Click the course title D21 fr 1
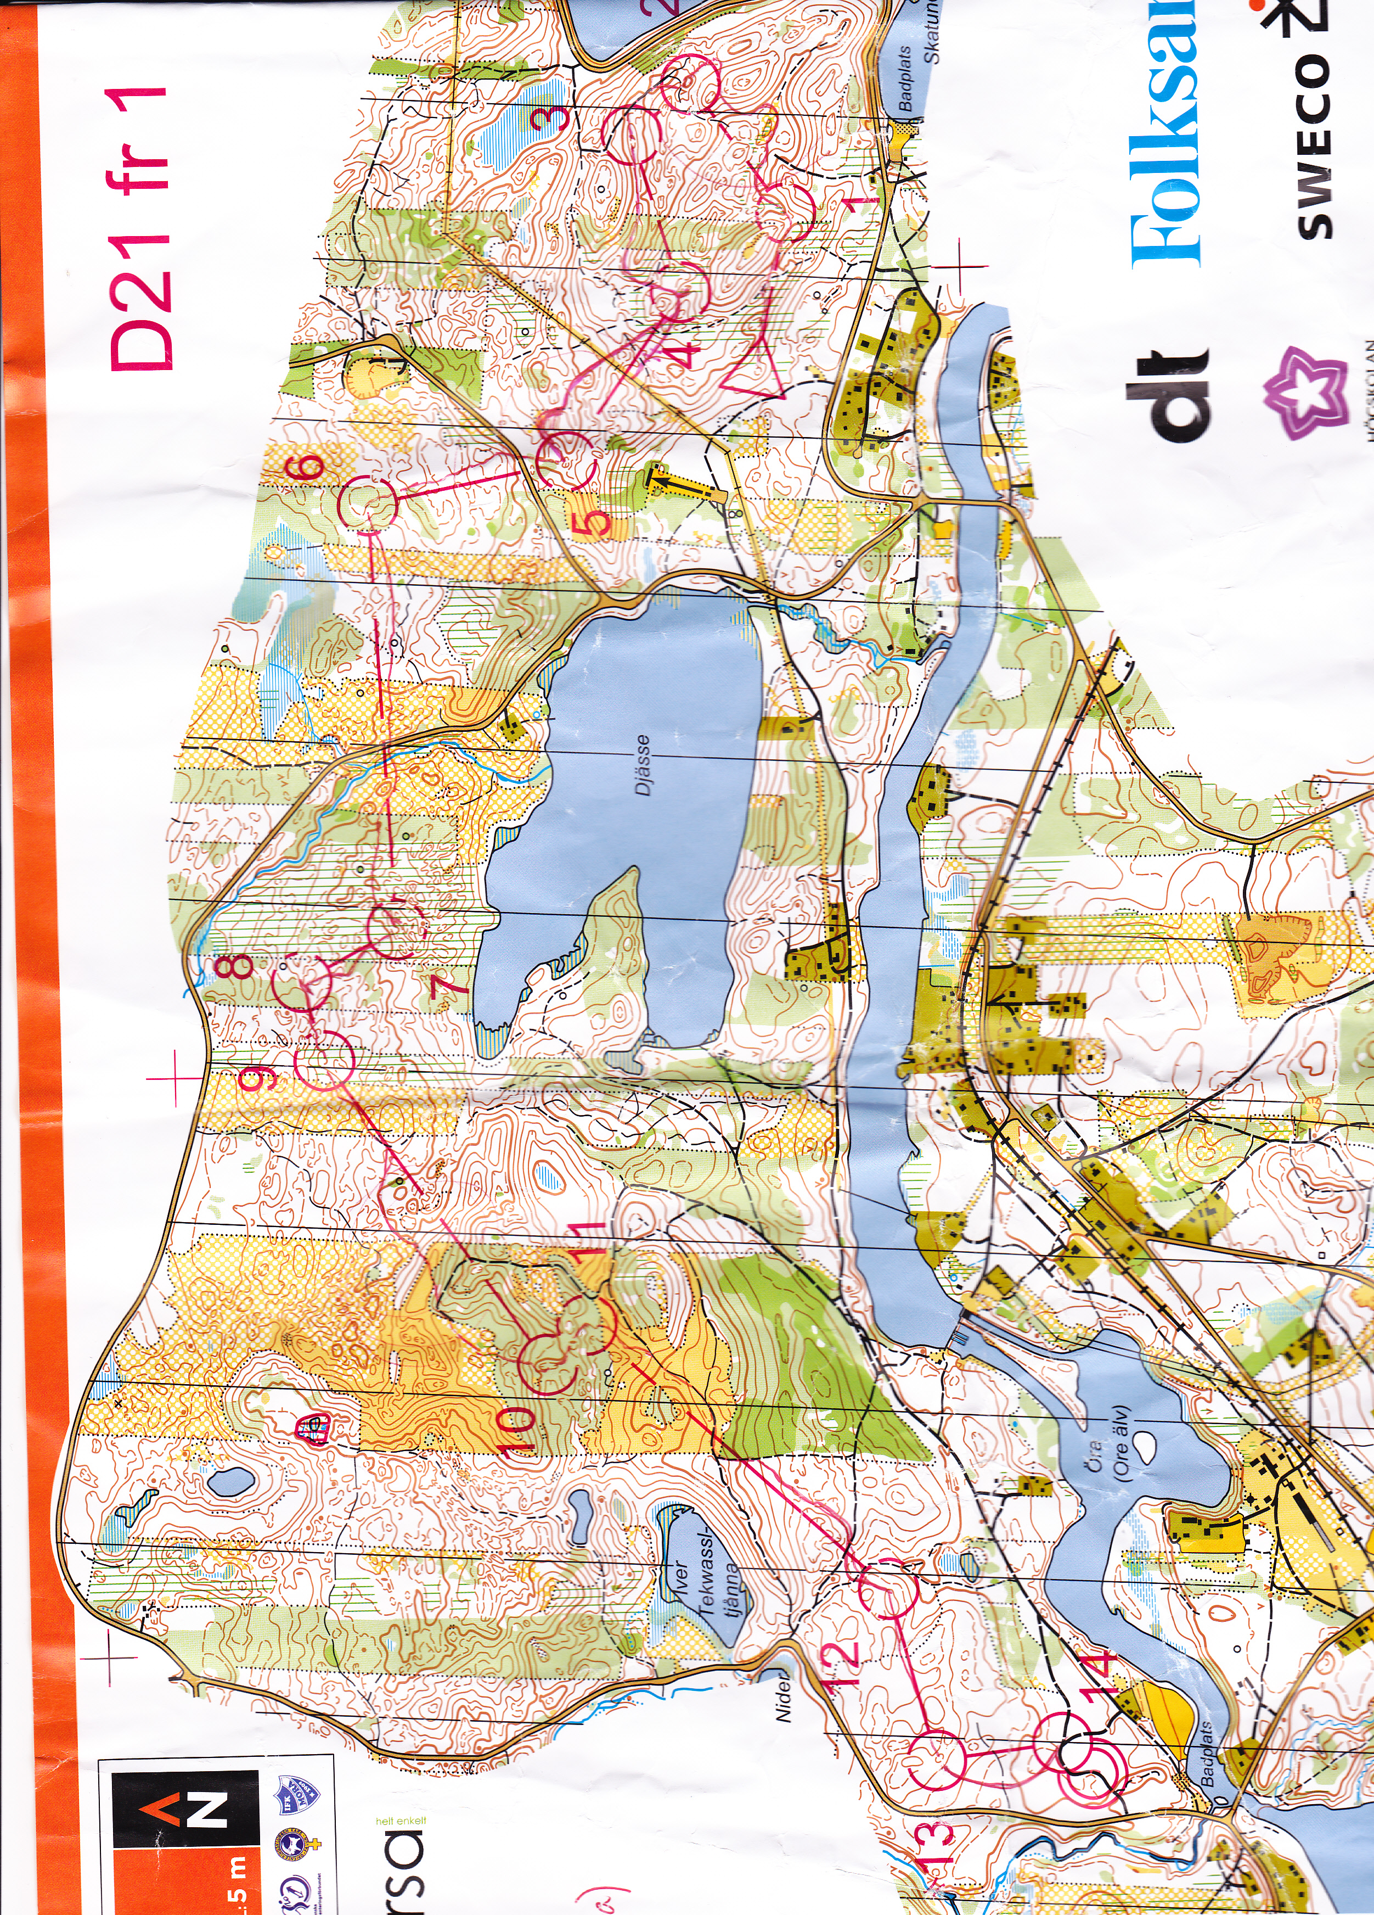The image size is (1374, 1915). coord(142,228)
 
